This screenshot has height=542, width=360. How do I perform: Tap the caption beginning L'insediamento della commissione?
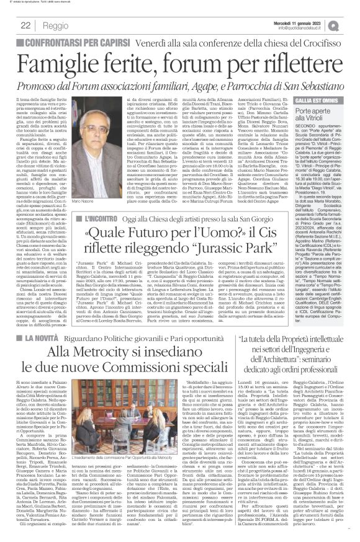133,476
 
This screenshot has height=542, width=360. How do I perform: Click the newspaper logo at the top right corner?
349,25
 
